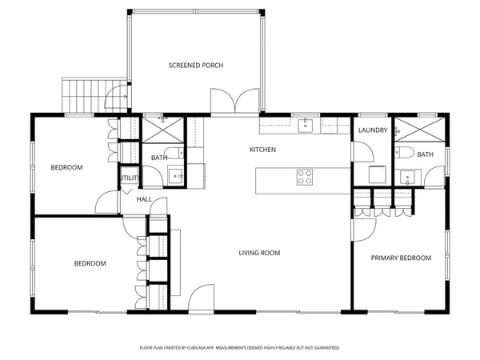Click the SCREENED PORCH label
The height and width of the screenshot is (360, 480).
point(195,65)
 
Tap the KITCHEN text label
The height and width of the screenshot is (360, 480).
point(262,150)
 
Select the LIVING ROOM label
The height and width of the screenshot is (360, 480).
point(259,253)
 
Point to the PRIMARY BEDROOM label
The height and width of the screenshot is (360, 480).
point(401,258)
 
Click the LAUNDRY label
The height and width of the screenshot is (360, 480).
point(373,130)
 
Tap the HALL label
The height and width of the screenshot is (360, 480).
point(144,199)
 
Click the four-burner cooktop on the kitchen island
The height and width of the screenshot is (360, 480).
point(305,177)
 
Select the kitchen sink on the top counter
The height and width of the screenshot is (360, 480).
point(306,125)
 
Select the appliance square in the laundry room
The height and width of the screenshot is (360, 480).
point(376,174)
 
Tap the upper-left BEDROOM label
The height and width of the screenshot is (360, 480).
point(66,167)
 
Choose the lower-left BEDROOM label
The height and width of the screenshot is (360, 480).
point(90,263)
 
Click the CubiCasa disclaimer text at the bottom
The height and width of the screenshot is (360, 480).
point(240,348)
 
